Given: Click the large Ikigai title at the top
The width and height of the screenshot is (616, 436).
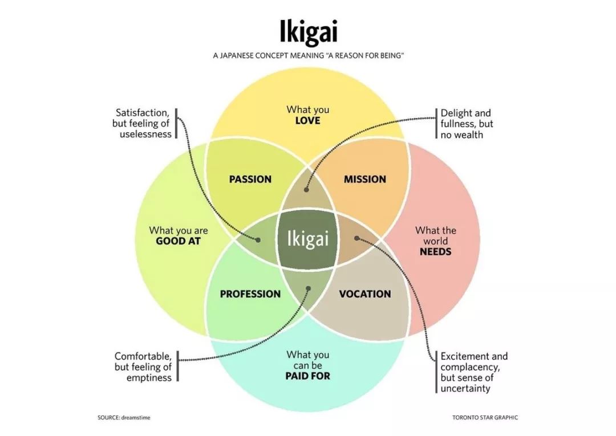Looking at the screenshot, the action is pyautogui.click(x=309, y=31).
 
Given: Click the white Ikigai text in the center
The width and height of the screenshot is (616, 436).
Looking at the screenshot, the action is pyautogui.click(x=307, y=239).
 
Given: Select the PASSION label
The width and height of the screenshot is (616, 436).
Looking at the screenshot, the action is pyautogui.click(x=250, y=180).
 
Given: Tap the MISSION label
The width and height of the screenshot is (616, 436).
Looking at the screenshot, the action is pyautogui.click(x=365, y=180).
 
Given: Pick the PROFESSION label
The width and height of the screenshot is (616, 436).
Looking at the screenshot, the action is pyautogui.click(x=250, y=294).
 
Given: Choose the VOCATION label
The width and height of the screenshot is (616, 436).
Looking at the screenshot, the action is pyautogui.click(x=365, y=294).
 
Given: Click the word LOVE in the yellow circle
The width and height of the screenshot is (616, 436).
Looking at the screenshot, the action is pyautogui.click(x=307, y=120).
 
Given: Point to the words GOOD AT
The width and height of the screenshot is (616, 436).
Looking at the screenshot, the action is pyautogui.click(x=178, y=241).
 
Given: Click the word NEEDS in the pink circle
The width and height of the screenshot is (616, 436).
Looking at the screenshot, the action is pyautogui.click(x=435, y=251).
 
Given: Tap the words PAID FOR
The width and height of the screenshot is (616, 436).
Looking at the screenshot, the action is pyautogui.click(x=307, y=376).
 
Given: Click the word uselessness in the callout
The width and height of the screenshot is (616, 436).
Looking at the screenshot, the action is pyautogui.click(x=146, y=134).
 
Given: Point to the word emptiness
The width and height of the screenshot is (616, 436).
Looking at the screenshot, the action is pyautogui.click(x=149, y=377).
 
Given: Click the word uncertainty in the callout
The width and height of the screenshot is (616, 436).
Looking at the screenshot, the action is pyautogui.click(x=465, y=389).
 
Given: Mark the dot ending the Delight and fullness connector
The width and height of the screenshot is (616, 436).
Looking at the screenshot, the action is pyautogui.click(x=306, y=190).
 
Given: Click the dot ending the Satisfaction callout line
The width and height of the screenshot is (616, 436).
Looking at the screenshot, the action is pyautogui.click(x=258, y=240).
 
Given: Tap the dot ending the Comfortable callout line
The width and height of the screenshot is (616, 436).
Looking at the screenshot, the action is pyautogui.click(x=309, y=288).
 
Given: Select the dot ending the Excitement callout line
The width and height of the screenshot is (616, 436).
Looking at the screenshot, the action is pyautogui.click(x=356, y=238).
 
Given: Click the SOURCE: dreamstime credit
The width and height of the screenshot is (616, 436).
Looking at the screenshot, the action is pyautogui.click(x=124, y=418).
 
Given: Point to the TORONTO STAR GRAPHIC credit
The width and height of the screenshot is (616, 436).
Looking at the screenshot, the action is pyautogui.click(x=485, y=418).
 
